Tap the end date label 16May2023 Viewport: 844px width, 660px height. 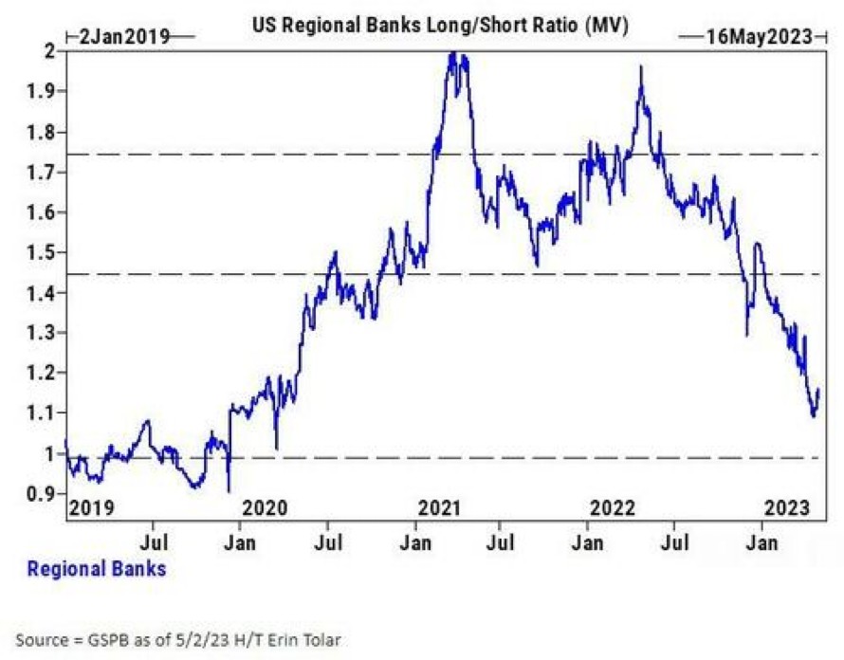(x=759, y=37)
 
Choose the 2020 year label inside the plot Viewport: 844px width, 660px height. (x=266, y=507)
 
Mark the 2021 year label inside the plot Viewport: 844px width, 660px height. (x=439, y=507)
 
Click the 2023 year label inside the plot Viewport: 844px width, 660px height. (x=786, y=507)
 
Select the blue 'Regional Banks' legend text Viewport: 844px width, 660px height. (x=97, y=569)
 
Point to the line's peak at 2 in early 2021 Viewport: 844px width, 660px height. (x=453, y=53)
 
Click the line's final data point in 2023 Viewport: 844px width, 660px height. (x=818, y=389)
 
